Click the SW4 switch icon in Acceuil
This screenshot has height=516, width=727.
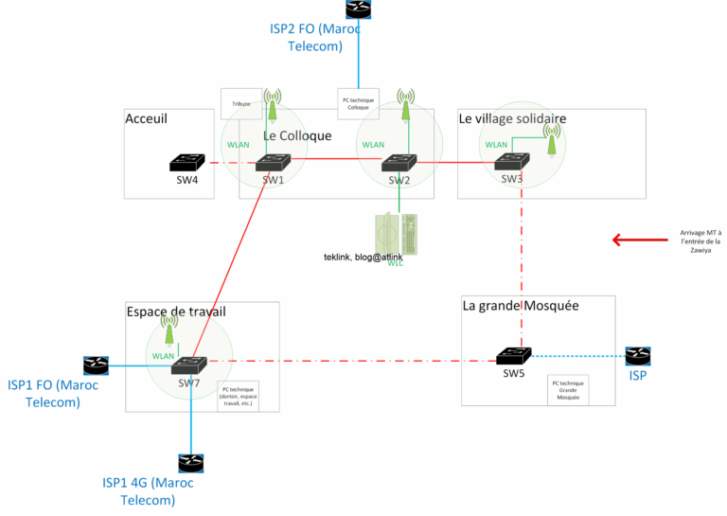pos(186,163)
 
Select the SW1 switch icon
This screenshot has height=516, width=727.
pos(273,162)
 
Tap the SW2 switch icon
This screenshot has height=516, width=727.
pos(399,163)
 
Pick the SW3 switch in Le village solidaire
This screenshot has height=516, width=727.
pos(512,161)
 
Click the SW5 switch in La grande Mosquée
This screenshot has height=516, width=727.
pos(513,356)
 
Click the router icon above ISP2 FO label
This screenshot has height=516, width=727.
pos(358,9)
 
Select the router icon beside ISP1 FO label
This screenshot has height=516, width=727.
pos(95,365)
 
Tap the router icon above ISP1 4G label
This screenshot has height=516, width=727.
pos(190,463)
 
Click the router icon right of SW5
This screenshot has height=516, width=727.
pos(637,356)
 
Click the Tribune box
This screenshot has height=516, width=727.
pos(240,104)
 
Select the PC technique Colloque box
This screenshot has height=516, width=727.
pos(358,103)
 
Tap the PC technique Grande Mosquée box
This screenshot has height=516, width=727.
pos(568,390)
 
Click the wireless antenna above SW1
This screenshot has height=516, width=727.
pos(273,105)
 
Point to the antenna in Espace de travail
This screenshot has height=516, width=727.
pos(168,329)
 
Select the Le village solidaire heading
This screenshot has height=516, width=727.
pos(512,118)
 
